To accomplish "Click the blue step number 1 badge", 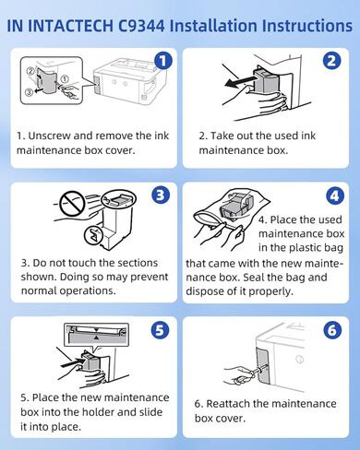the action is click(162, 61).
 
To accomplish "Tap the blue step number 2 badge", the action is click(332, 61).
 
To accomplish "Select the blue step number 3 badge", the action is click(161, 195).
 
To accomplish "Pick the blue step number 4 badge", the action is click(334, 195).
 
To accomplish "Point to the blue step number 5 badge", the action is click(160, 330).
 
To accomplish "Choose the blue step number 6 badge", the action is click(332, 330).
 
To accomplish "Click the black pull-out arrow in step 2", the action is click(240, 82).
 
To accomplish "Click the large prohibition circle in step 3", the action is click(72, 204).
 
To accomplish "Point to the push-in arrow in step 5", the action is click(71, 363).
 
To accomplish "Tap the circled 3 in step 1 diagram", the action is click(29, 92).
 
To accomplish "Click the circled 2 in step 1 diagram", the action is click(30, 71).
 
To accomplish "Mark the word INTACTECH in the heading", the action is click(71, 26).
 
